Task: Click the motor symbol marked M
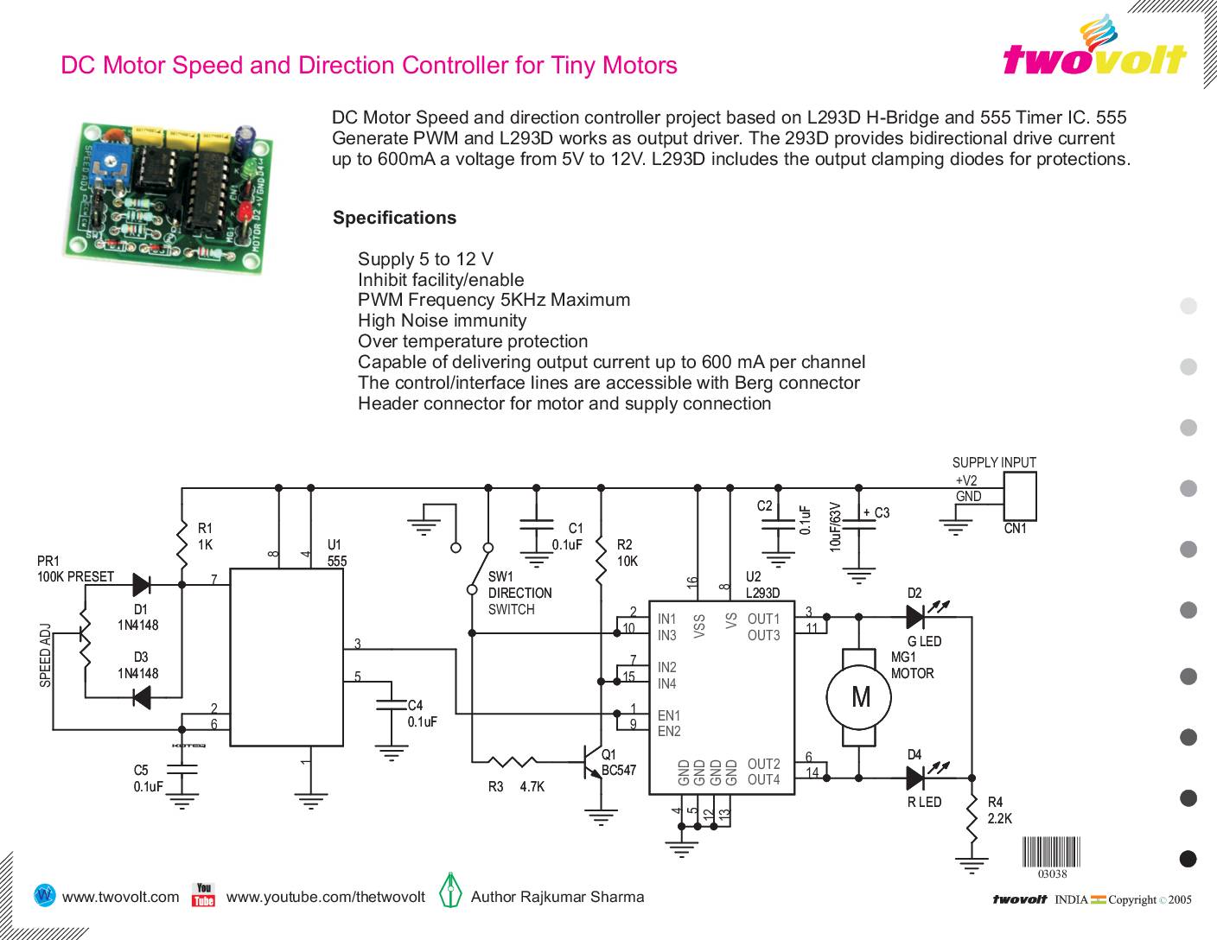858,697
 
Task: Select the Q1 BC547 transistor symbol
594,762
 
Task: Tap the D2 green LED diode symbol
915,617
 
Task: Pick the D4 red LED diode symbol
915,778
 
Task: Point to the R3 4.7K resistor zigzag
512,761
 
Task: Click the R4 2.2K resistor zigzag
972,818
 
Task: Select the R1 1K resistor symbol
182,544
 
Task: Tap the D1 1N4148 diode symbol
142,585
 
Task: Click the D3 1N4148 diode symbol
142,697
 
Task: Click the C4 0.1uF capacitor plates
391,705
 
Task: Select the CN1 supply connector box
1019,496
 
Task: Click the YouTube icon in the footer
203,894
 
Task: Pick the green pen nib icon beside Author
449,890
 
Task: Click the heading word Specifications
394,218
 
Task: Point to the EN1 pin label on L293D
668,715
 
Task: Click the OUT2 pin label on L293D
763,764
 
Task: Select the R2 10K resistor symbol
601,561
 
